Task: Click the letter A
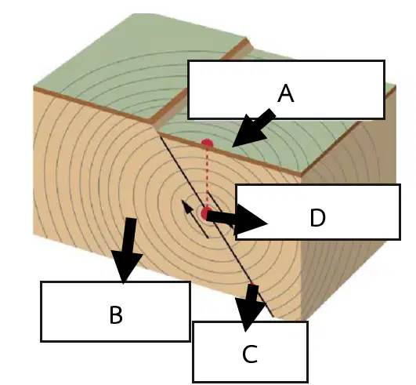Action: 286,93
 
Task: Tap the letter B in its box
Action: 116,315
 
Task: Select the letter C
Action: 250,354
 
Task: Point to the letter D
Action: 317,217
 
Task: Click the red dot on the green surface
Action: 207,143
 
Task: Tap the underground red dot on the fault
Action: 206,213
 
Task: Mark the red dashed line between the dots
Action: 207,176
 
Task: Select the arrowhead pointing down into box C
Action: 249,314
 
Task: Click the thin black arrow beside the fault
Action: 194,219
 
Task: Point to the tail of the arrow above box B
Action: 131,219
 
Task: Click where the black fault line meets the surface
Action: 160,135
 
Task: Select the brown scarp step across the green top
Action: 201,82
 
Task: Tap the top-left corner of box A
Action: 188,61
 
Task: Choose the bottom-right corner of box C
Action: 307,382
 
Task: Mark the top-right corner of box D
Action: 400,185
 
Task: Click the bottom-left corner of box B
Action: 41,341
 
